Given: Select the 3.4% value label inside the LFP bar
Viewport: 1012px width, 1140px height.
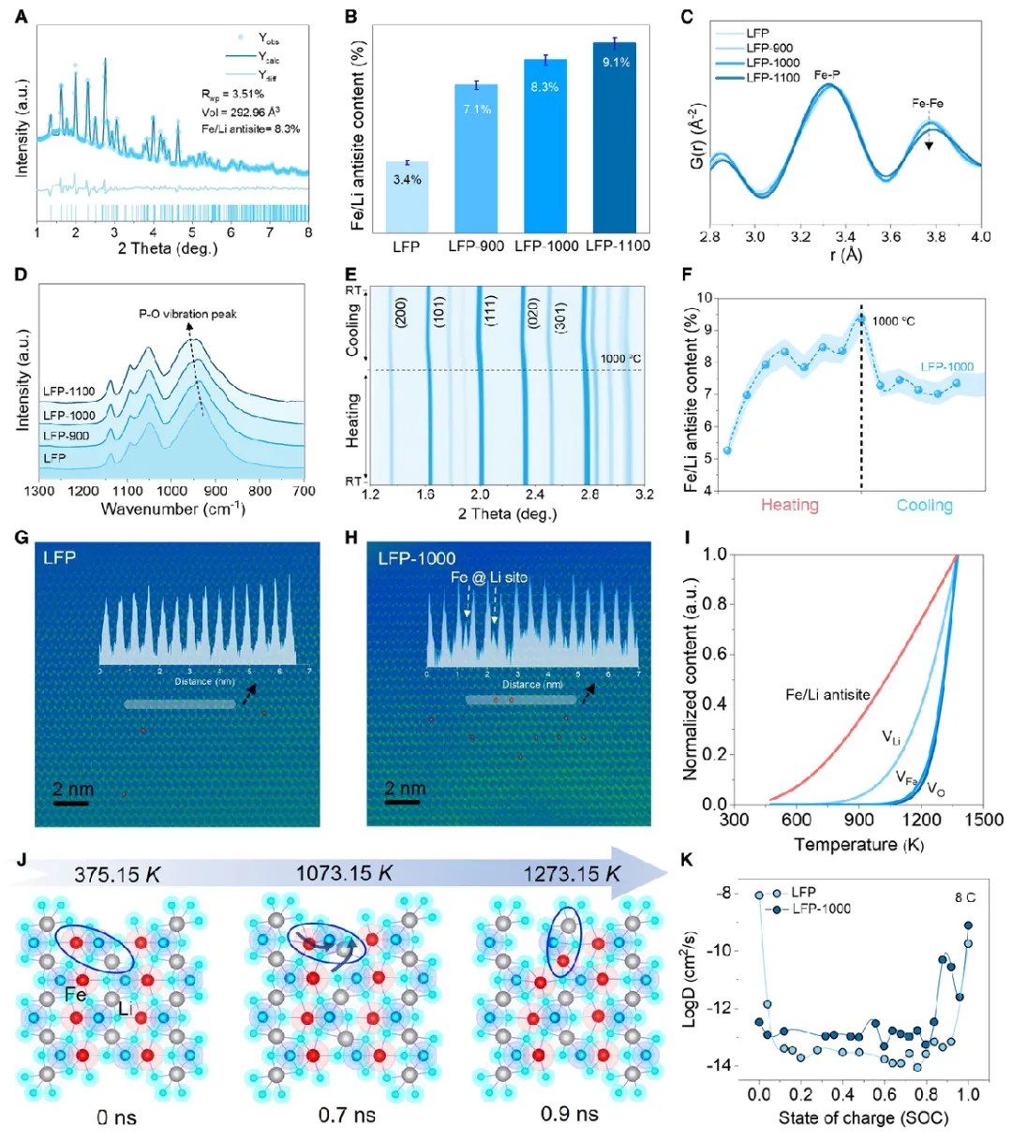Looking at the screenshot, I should (407, 180).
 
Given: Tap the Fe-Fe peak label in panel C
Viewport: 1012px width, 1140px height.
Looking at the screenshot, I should (928, 104).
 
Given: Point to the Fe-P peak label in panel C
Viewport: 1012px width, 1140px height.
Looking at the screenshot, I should (828, 73).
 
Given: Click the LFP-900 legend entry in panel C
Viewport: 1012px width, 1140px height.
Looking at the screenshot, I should (769, 48).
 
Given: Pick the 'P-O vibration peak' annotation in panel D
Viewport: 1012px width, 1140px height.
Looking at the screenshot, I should (187, 314).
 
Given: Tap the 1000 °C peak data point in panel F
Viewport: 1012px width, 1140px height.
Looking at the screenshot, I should (860, 319).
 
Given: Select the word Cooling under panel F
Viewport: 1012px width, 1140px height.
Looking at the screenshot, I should (924, 506).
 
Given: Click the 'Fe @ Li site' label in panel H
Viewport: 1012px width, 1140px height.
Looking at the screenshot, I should (489, 578).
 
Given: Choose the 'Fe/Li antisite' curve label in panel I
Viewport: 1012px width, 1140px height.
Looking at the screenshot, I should (827, 695).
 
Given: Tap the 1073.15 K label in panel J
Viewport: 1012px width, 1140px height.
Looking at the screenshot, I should (344, 874).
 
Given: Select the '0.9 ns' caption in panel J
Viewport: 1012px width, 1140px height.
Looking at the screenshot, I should (569, 1114).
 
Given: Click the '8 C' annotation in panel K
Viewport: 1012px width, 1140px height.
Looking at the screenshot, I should (965, 897).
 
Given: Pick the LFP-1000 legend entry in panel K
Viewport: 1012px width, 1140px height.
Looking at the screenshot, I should (821, 909).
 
